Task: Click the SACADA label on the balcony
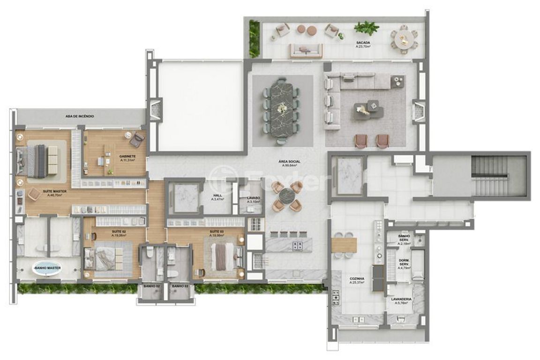pos(363,43)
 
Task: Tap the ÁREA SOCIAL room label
pos(291,162)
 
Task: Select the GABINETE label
pos(127,156)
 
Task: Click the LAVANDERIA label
pos(401,299)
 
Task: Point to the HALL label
pos(217,196)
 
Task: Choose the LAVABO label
pos(253,198)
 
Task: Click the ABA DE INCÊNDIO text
pos(80,116)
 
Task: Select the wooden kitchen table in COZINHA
pos(344,245)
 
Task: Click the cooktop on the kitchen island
pos(297,245)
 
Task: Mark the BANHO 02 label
pos(152,286)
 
